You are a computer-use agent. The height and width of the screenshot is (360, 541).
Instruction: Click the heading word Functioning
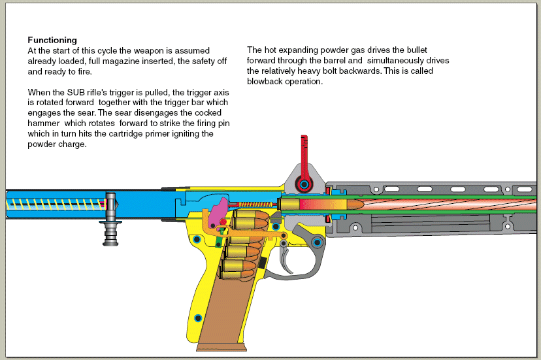coord(52,41)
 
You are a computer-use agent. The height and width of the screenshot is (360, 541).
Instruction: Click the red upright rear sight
coord(303,157)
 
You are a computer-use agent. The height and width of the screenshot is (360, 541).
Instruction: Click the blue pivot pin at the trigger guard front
coord(317,243)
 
